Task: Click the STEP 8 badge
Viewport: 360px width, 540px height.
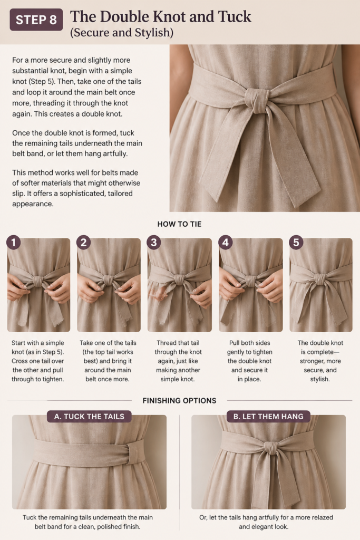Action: point(36,20)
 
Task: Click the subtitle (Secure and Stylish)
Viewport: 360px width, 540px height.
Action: point(121,32)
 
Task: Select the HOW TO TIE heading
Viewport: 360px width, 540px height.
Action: point(179,224)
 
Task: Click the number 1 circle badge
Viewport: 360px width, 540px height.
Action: point(13,242)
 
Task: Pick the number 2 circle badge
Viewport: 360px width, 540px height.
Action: point(84,242)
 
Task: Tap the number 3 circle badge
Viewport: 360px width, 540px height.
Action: point(154,242)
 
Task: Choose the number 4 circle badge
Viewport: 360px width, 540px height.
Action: point(226,242)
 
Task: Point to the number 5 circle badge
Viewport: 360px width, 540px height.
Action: point(296,242)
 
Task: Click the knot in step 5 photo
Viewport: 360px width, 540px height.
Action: point(319,278)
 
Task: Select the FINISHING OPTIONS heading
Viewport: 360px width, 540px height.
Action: point(179,401)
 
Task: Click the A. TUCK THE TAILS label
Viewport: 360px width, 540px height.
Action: point(89,417)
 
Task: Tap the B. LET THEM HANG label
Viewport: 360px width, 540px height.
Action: point(268,417)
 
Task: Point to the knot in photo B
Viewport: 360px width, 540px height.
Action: point(271,449)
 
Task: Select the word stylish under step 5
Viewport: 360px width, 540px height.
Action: point(320,379)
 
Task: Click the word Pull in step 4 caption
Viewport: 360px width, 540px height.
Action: point(235,343)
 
